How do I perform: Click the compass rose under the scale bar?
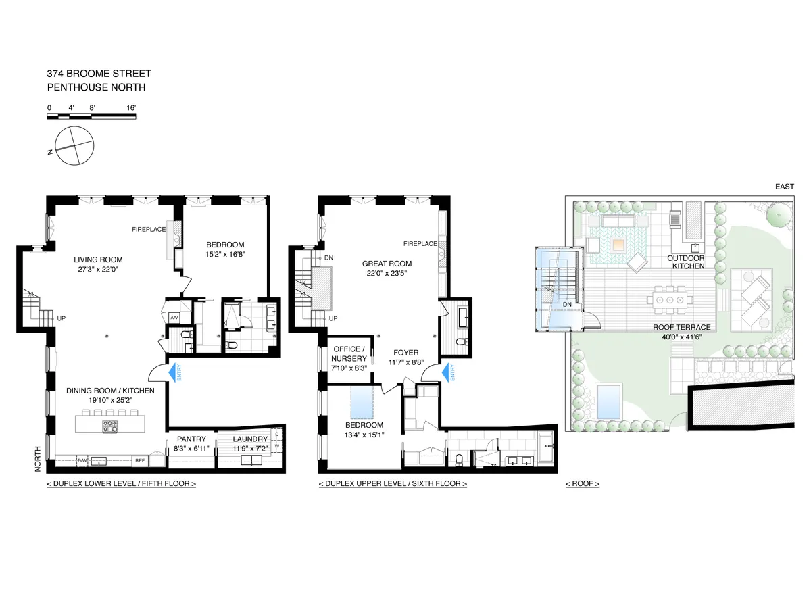(74, 145)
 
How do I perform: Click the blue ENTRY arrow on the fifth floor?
(172, 374)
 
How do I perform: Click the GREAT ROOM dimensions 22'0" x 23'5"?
(387, 273)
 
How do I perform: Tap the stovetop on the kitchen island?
(109, 426)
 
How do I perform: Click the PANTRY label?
(191, 439)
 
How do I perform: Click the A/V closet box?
(174, 318)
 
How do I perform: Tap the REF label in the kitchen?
(139, 460)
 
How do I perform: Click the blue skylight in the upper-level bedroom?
(362, 403)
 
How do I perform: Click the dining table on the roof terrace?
(670, 298)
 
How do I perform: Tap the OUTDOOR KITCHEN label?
(686, 262)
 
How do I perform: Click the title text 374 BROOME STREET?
(99, 74)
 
